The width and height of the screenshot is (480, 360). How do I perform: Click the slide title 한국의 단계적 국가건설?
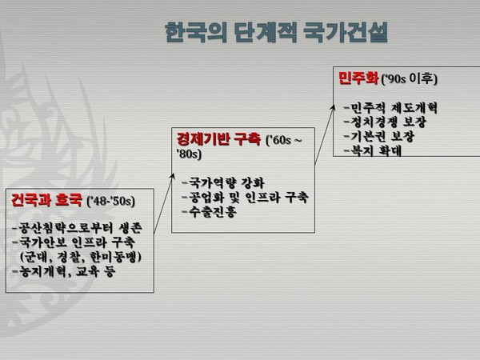pos(278,34)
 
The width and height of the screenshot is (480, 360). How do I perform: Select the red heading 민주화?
pos(357,78)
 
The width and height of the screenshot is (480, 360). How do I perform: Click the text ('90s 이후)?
pos(409,79)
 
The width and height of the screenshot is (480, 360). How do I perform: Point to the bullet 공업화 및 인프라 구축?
pos(245,197)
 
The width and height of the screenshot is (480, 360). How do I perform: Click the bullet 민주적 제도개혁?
pos(390,107)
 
